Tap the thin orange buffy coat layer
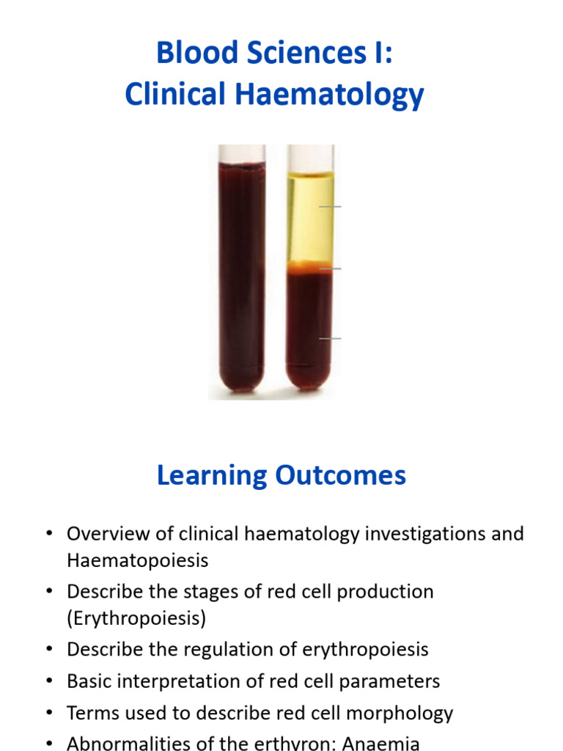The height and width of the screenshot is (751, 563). pos(309,267)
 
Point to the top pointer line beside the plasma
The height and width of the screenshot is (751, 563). pos(331,207)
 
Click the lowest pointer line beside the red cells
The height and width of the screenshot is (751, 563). pos(331,339)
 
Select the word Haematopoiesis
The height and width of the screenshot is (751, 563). pos(138,561)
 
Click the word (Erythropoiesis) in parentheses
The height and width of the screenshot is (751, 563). pos(136,618)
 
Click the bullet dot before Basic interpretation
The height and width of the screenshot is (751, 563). pos(49,682)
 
